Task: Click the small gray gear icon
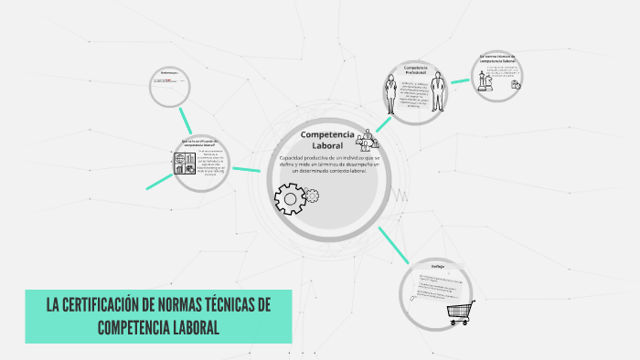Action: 312,195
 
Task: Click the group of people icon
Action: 368,139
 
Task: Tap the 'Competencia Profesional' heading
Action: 416,70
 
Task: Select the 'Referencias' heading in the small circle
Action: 169,72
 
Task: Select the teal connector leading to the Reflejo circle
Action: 393,245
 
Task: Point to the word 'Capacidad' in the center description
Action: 294,158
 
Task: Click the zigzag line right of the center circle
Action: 400,195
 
